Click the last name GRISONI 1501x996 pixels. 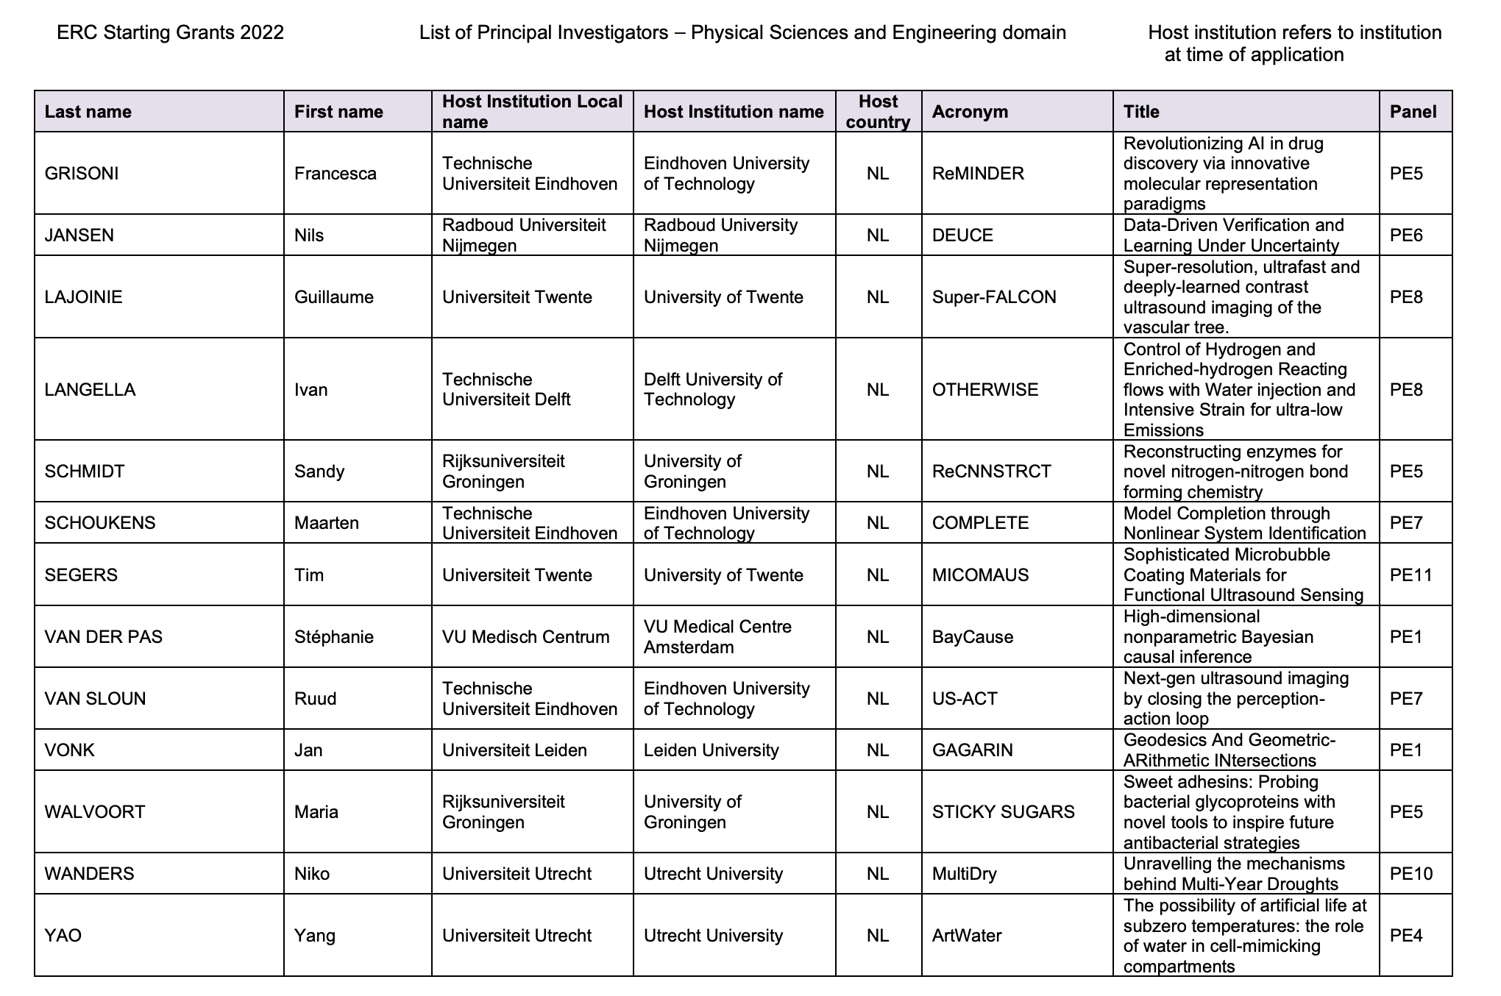81,174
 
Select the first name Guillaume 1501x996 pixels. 333,297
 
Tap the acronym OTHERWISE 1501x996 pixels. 984,390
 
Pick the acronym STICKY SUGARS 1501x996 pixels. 1003,812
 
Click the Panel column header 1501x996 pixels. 1413,112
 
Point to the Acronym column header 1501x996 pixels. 969,112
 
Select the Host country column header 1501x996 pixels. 878,112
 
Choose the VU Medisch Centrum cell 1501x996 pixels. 525,637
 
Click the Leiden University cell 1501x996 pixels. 711,750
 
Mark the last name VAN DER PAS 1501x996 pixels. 103,637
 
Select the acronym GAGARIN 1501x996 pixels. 972,750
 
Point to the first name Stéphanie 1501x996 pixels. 333,637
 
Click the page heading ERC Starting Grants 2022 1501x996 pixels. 170,33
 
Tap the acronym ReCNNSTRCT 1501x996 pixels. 991,472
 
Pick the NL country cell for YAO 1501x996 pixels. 878,936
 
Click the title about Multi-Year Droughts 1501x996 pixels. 1234,874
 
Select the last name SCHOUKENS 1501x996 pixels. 100,523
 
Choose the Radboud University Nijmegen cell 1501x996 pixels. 720,235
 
